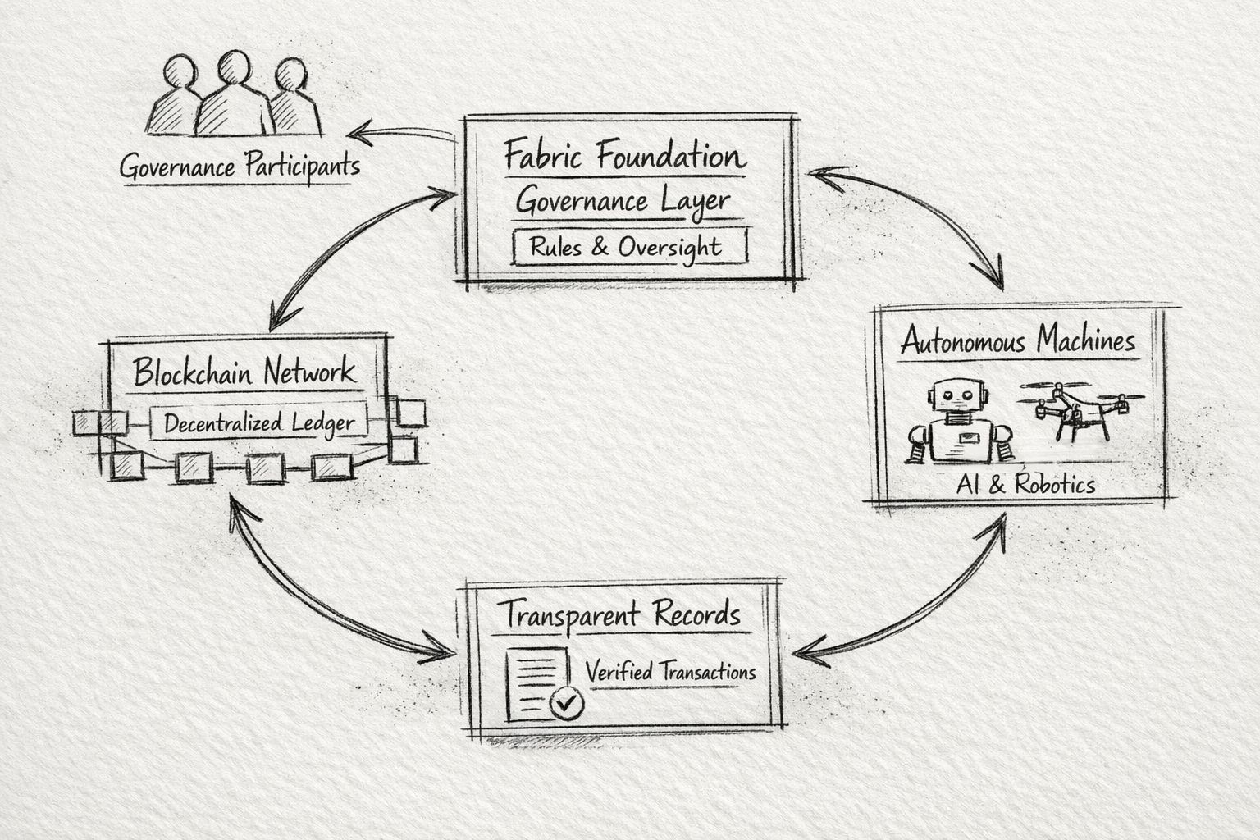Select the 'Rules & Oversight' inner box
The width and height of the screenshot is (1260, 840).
(629, 247)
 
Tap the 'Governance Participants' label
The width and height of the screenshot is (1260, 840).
(240, 167)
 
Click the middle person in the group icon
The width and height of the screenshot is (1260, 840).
(235, 94)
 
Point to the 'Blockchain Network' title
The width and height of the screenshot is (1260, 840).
(244, 372)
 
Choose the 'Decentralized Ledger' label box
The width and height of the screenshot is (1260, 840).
(258, 423)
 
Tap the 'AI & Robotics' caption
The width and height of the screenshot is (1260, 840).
(1025, 484)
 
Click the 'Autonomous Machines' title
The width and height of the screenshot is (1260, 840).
(1018, 340)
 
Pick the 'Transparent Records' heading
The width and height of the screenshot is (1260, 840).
(620, 614)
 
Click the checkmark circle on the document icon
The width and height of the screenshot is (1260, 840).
(566, 702)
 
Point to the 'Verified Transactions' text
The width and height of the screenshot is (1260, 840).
(670, 672)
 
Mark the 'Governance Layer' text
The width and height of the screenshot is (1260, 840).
(623, 201)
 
